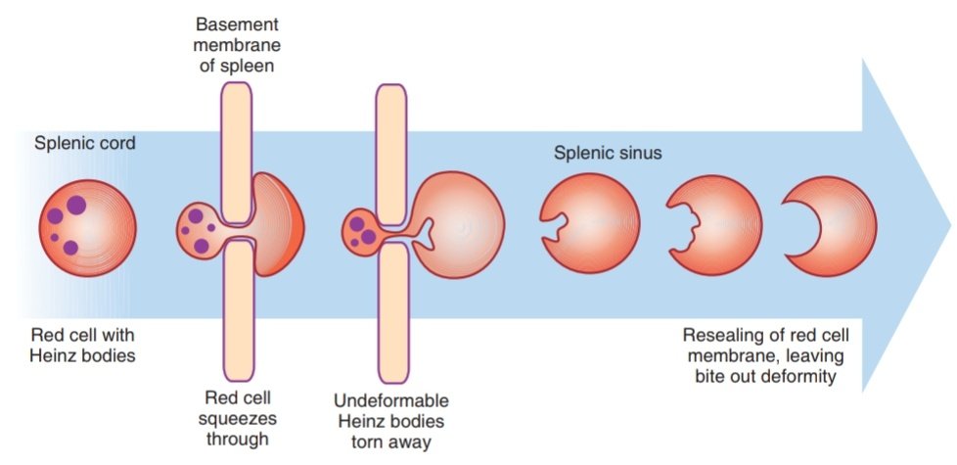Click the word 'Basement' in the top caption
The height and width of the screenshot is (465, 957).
pos(236,21)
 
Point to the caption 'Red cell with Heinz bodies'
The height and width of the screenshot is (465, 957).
pos(83,344)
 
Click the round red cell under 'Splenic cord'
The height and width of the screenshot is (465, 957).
pos(88,228)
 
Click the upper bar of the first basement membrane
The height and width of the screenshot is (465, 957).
pos(236,152)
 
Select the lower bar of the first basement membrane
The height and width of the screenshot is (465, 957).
pos(236,313)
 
